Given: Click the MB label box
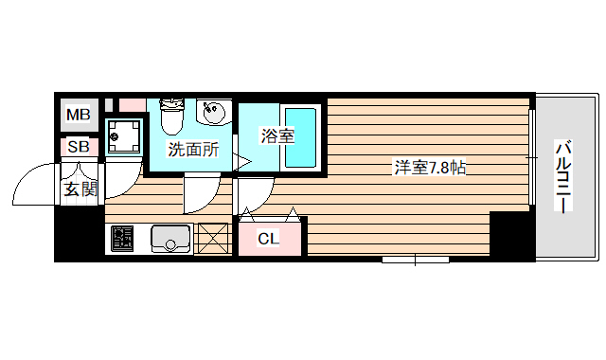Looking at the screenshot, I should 78,116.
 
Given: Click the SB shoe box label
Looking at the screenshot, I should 78,147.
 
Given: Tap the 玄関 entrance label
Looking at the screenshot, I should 80,188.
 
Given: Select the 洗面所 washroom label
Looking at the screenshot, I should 193,149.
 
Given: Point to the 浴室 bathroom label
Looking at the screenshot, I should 277,135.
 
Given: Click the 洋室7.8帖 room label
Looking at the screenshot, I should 429,169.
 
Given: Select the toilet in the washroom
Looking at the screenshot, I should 171,117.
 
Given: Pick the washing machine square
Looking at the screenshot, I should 125,137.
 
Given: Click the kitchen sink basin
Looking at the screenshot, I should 169,239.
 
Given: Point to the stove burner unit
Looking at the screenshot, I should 123,239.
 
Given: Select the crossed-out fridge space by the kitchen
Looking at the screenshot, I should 213,238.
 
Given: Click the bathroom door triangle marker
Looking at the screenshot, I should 242,163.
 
